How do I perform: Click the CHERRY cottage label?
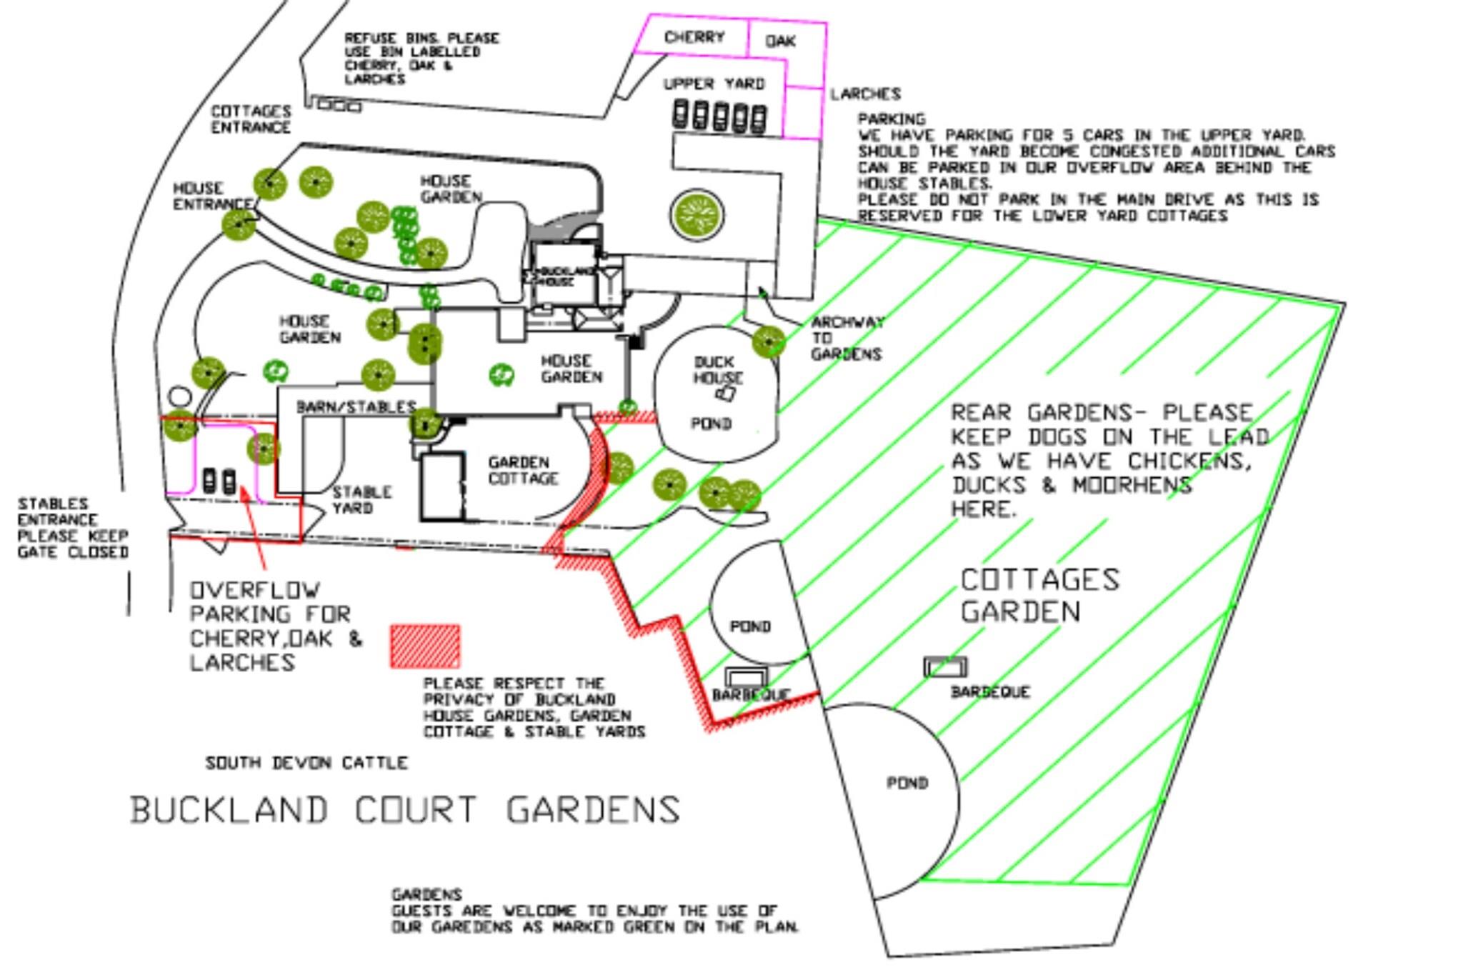(x=694, y=37)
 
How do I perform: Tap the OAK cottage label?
(x=780, y=41)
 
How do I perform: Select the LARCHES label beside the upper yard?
(x=865, y=94)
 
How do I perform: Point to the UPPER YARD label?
(x=714, y=84)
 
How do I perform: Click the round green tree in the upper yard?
(x=696, y=214)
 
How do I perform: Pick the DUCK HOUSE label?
(x=717, y=370)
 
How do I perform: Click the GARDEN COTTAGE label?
(x=522, y=470)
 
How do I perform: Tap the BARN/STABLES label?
(x=356, y=407)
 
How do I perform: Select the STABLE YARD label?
(x=361, y=500)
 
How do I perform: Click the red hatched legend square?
(x=425, y=646)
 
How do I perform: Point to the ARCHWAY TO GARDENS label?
(x=847, y=338)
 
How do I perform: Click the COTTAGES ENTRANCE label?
(x=251, y=119)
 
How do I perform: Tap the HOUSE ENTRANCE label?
(x=212, y=196)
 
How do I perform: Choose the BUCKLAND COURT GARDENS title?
(x=405, y=810)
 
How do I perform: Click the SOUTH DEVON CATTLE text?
(x=306, y=763)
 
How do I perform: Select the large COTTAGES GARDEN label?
(x=1039, y=595)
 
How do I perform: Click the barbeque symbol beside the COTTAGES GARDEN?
(x=945, y=667)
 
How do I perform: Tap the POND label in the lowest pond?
(x=907, y=783)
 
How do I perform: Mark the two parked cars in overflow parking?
(x=219, y=481)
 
